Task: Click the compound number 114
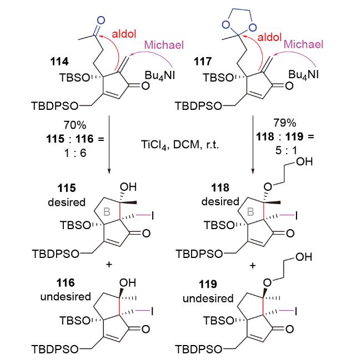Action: pos(59,62)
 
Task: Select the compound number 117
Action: pos(203,62)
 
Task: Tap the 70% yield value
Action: pos(75,125)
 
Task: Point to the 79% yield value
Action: pos(285,123)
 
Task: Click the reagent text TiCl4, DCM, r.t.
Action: pos(180,145)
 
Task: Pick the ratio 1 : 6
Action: pos(76,153)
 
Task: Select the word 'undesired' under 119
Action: pos(208,298)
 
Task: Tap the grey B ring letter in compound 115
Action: pos(107,211)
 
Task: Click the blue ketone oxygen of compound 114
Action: pos(101,21)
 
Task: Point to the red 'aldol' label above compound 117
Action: pos(269,37)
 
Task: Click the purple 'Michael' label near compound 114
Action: pos(164,44)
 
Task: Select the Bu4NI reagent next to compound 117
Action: pos(303,75)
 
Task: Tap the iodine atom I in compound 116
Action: pos(152,312)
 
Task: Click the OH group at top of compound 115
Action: pos(128,187)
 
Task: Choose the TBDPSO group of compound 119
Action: pos(199,349)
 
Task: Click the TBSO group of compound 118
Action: pos(219,225)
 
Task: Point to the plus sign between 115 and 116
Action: pos(109,265)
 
